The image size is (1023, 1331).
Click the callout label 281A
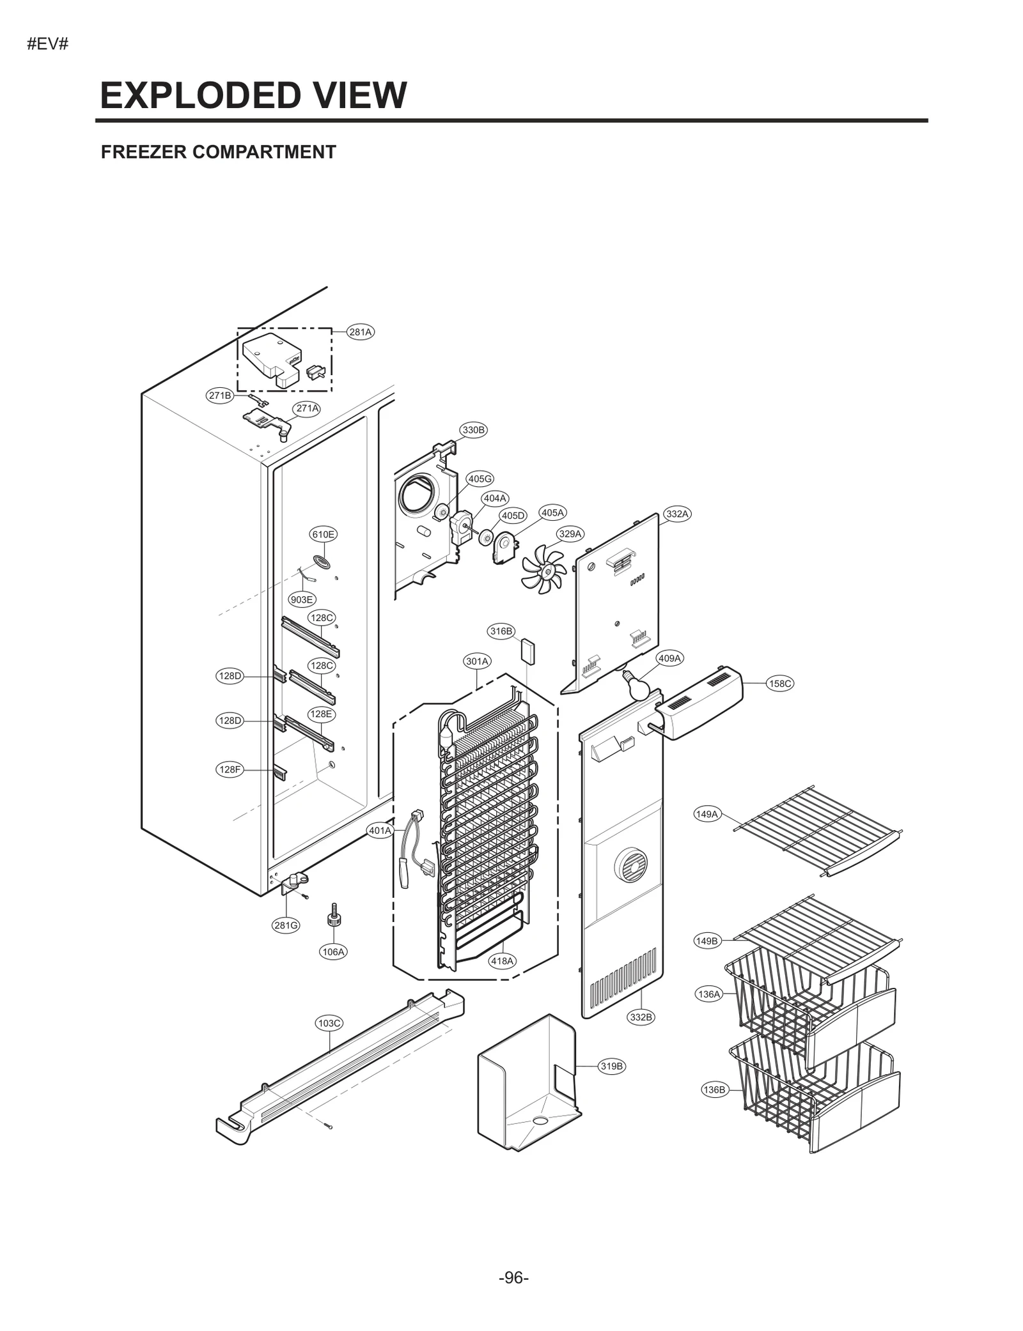pos(360,332)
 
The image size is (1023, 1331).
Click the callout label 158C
pos(780,683)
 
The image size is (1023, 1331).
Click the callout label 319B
pos(611,1066)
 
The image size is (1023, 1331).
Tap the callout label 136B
pos(714,1089)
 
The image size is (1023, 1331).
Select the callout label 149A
pos(707,814)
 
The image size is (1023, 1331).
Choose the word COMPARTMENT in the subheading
pos(264,152)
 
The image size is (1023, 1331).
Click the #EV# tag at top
pos(48,45)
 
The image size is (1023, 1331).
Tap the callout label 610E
pos(323,534)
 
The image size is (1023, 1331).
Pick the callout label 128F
pos(230,769)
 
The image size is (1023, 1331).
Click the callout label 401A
pos(380,831)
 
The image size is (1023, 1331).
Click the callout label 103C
pos(329,1023)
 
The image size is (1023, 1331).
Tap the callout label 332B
pos(641,1017)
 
